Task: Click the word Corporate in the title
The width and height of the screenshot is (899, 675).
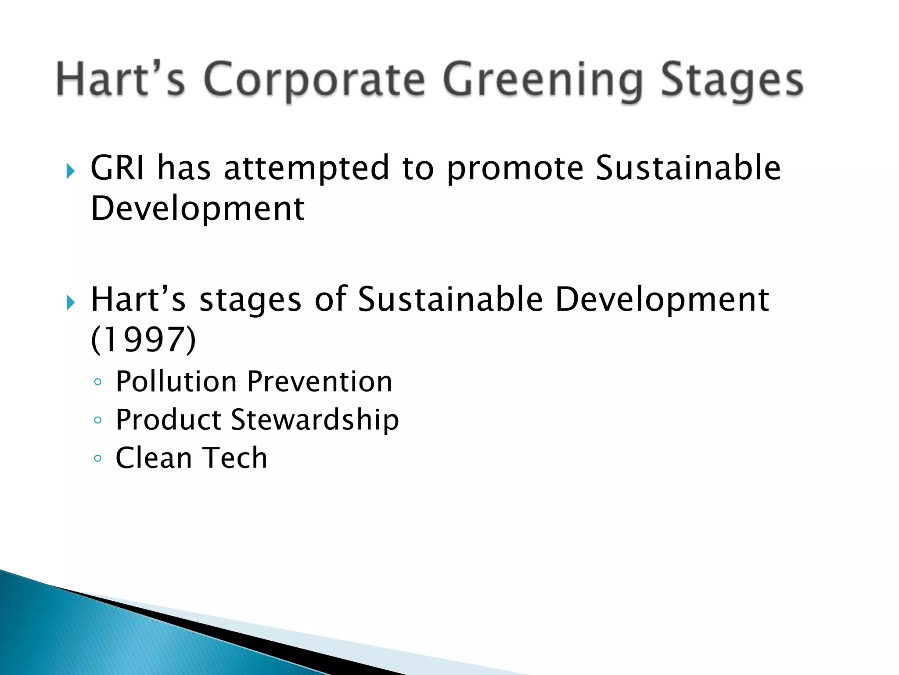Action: coord(314,80)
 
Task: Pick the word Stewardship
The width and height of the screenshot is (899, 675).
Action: coord(315,420)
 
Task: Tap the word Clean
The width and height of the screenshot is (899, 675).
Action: coord(154,458)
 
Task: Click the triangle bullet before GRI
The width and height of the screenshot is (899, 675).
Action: coord(70,171)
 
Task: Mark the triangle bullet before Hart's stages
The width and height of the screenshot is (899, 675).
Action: coord(70,302)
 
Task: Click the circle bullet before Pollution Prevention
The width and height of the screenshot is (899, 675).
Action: coord(97,382)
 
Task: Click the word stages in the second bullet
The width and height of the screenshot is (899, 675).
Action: coord(250,300)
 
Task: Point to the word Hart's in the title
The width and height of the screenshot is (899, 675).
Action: coord(120,80)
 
